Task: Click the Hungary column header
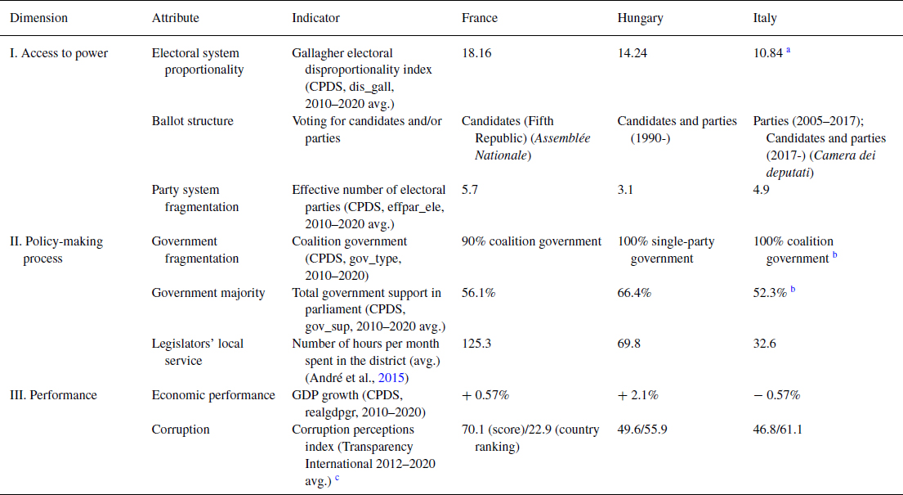(x=640, y=17)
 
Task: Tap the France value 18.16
(x=477, y=53)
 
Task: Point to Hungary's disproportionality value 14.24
(x=633, y=53)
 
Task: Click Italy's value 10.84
(x=769, y=53)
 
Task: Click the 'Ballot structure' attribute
(x=192, y=121)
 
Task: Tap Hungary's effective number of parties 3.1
(x=625, y=191)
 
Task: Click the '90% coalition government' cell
(x=531, y=241)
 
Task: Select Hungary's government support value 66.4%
(x=634, y=293)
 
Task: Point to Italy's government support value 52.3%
(x=770, y=293)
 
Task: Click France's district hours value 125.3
(x=477, y=344)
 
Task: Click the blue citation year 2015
(x=396, y=378)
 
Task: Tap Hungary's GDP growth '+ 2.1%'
(x=637, y=395)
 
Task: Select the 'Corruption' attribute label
(x=181, y=429)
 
